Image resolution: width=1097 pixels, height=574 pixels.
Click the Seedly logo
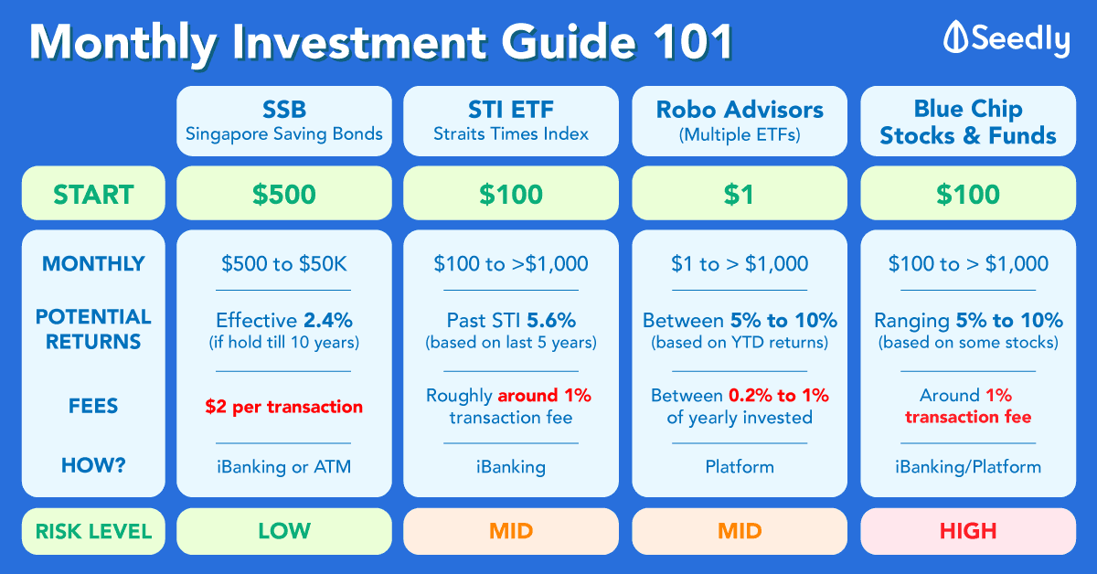coord(1006,38)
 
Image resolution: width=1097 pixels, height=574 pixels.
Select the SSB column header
coord(284,121)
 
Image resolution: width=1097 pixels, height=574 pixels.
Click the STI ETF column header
coord(511,121)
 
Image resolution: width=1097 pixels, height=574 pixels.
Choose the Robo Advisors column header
coord(740,121)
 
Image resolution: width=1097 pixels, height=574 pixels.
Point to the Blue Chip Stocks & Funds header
coord(968,121)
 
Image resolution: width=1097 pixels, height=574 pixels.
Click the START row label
coord(93,194)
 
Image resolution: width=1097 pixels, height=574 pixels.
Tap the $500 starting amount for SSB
coord(284,194)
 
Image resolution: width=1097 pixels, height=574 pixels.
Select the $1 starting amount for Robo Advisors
coord(740,194)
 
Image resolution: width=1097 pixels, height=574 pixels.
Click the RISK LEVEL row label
coord(93,531)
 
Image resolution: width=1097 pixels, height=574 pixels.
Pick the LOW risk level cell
coord(284,531)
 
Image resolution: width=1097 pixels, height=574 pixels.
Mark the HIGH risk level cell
coord(968,531)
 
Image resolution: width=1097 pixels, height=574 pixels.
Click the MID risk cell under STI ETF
coord(511,531)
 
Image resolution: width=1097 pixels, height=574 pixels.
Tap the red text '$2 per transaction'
coord(284,407)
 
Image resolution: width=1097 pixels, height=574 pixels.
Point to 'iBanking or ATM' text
coord(284,467)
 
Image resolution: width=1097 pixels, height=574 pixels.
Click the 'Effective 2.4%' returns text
coord(284,320)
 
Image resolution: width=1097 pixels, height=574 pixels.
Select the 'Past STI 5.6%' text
coord(511,320)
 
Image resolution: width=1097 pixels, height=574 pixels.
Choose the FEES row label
coord(93,406)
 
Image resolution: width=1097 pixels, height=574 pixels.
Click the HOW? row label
coord(93,465)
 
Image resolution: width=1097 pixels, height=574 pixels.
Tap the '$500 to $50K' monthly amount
coord(284,264)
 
